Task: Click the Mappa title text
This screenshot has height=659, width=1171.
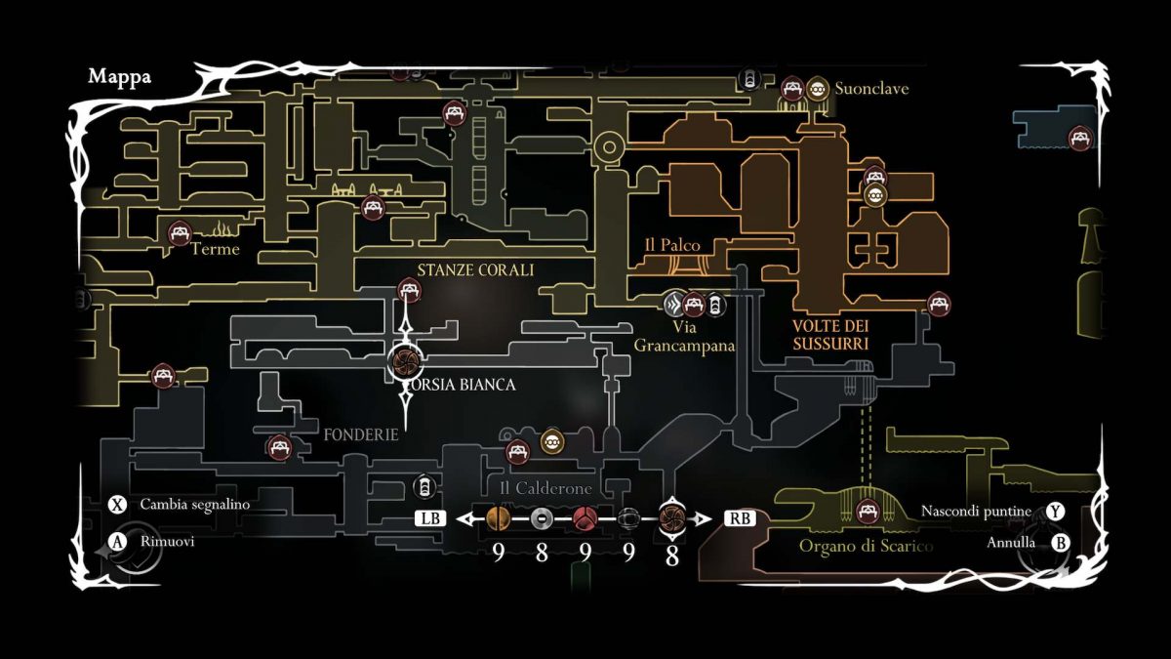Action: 119,77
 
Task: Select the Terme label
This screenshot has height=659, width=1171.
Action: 215,249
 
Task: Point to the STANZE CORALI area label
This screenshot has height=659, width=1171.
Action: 475,270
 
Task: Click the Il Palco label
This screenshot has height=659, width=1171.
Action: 672,245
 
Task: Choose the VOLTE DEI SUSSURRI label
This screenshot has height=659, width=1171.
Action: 830,335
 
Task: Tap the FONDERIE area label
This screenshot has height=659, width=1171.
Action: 361,434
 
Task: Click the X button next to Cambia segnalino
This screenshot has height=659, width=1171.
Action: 118,505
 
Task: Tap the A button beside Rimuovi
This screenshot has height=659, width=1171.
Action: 118,541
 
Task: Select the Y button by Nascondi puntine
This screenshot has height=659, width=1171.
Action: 1056,512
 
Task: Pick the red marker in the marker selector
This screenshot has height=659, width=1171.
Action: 585,518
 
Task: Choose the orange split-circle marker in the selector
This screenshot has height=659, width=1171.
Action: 498,518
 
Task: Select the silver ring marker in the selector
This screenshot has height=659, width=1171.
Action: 543,518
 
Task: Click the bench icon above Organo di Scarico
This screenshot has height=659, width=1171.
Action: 866,510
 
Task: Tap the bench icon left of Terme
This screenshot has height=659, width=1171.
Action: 179,233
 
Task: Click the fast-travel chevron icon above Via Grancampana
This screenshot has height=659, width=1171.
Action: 672,304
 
